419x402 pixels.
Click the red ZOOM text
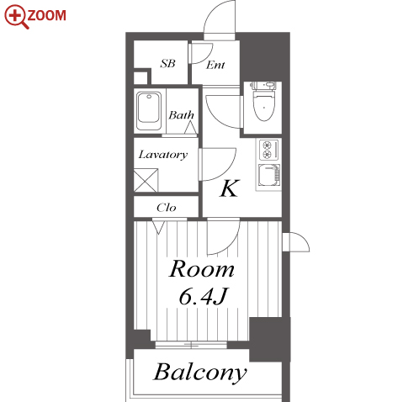(x=46, y=15)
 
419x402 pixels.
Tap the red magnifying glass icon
(x=16, y=16)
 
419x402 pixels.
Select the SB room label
(x=167, y=64)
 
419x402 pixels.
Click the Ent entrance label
(x=215, y=65)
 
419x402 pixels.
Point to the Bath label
(x=181, y=115)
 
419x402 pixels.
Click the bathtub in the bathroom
(x=149, y=111)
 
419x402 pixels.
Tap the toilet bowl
(x=263, y=102)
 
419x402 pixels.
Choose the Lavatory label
(x=163, y=155)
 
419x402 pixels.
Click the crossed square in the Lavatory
(x=146, y=180)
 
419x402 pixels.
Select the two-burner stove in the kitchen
(x=268, y=150)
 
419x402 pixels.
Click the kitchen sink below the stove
(x=268, y=176)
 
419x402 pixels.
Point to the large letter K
(x=230, y=188)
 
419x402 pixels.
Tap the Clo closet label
(x=167, y=208)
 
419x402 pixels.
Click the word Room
(x=202, y=269)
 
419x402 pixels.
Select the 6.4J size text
(x=203, y=296)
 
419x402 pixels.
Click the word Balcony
(x=200, y=373)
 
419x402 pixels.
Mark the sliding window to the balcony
(x=191, y=345)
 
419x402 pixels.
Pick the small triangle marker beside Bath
(x=191, y=127)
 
